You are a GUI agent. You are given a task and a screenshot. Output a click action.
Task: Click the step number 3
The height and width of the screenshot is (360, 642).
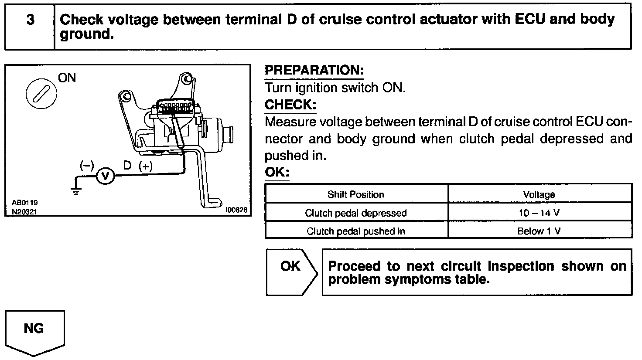coord(30,20)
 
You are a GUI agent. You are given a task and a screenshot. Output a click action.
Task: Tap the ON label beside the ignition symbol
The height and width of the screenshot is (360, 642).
coord(67,78)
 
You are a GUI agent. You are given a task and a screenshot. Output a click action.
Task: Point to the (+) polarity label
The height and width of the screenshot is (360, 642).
coord(145,166)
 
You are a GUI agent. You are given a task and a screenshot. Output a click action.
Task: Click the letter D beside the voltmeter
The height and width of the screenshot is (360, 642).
coord(127,166)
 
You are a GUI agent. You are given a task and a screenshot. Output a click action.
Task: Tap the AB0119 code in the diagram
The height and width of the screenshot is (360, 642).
coord(25,203)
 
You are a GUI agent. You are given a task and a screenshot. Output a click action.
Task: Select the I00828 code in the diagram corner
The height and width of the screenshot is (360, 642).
coord(236,210)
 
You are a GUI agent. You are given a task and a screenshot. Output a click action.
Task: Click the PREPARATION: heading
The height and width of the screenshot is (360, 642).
coord(314,70)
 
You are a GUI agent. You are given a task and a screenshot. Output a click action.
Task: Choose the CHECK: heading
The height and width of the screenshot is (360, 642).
coord(290,105)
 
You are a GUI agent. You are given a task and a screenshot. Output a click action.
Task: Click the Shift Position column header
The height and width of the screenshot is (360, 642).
coord(356,194)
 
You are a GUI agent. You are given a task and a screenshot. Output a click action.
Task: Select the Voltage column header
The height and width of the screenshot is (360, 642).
coord(539,194)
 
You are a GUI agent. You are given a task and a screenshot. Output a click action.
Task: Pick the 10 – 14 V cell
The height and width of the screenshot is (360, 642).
coord(539,213)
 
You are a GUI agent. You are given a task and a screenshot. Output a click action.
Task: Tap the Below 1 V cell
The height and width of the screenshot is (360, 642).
coord(539,231)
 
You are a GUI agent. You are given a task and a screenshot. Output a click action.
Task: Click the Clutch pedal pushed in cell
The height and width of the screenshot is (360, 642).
coord(356,231)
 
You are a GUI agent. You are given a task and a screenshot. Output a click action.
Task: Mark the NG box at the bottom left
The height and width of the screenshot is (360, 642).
coord(34,329)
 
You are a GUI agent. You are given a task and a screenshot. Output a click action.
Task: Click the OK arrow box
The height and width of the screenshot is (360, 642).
coord(291,272)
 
